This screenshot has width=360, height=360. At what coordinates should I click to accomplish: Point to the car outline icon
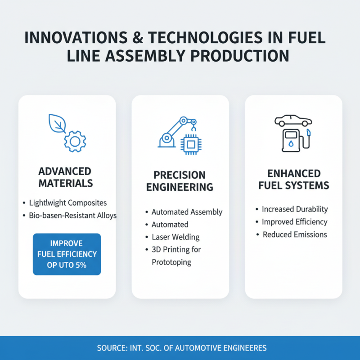pos(293,121)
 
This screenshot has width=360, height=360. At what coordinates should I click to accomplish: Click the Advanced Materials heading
pos(66,177)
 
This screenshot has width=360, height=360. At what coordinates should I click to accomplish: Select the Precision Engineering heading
pos(180,181)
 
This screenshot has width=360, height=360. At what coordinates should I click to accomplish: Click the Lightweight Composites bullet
pos(67,202)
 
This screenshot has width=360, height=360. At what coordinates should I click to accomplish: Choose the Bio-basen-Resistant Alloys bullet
pos(72,216)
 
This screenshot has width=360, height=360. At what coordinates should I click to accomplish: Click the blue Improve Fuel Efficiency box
pos(67,254)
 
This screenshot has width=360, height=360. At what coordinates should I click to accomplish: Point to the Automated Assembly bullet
pos(187,212)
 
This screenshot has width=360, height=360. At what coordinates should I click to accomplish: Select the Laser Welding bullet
pos(175,237)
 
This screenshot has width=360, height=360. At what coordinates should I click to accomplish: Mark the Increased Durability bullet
pos(295,209)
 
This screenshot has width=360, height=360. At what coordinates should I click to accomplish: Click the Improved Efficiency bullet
pos(295,222)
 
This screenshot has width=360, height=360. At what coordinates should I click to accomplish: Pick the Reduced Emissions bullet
pos(295,234)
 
